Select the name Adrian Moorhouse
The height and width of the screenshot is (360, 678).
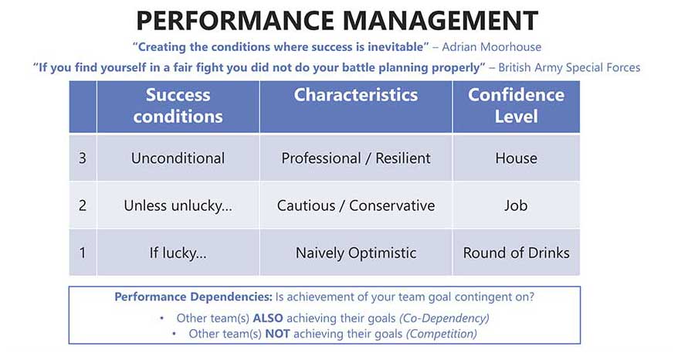tap(492, 46)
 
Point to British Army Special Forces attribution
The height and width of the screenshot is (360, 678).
tap(569, 67)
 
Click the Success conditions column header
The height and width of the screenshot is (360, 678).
tap(178, 106)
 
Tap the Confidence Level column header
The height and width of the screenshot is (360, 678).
tap(517, 106)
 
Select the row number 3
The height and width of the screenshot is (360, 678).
tap(83, 158)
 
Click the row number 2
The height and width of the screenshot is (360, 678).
tap(83, 205)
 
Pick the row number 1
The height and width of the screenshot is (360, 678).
tap(83, 253)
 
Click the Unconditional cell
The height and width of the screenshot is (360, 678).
tap(178, 158)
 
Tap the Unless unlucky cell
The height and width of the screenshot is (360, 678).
tap(178, 205)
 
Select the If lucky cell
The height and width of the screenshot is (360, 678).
tap(178, 253)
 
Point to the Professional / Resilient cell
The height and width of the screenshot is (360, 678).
tap(356, 158)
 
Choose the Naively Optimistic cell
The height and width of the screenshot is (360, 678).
tap(356, 253)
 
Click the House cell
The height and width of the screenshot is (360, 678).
tap(517, 158)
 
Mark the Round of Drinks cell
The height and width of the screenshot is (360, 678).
tap(517, 253)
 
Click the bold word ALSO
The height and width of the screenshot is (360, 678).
tap(268, 318)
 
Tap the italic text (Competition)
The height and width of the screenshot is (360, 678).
tap(442, 334)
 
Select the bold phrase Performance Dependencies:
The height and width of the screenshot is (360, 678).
tap(193, 297)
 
